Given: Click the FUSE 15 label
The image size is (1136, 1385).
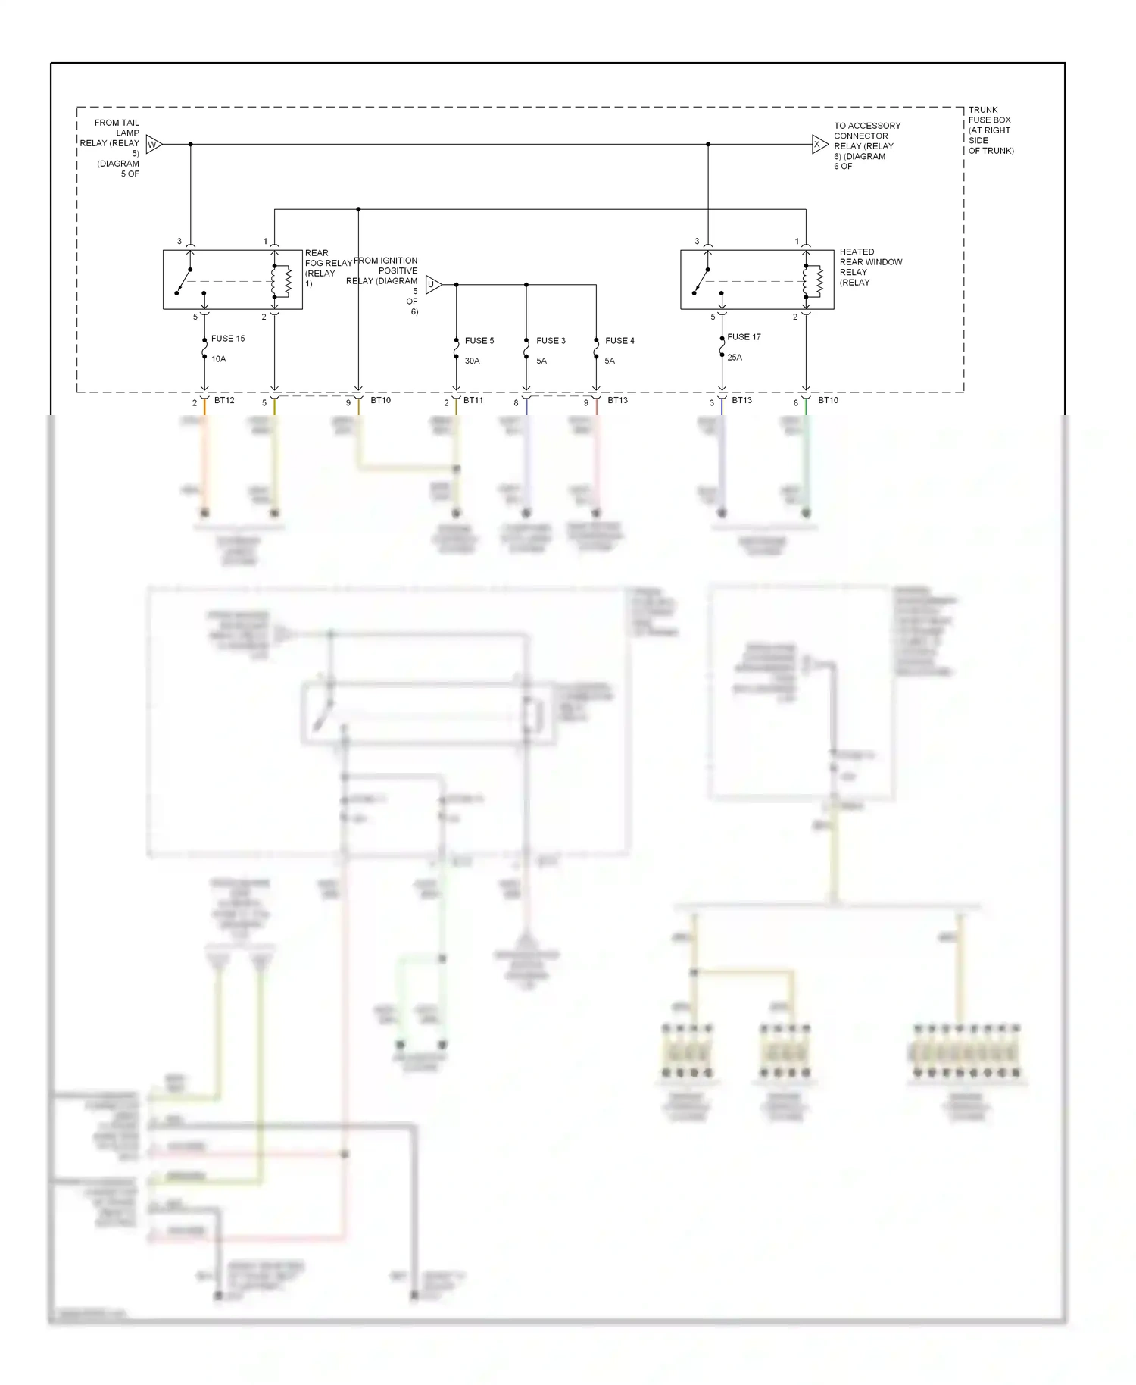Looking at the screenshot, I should [x=228, y=339].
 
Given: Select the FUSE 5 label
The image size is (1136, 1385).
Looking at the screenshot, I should [x=479, y=341].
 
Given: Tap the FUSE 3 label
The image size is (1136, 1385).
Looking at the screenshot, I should [x=551, y=341].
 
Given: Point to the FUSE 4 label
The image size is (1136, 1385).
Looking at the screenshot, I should [x=619, y=341].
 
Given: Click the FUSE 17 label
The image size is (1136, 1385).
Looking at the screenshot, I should [x=744, y=337].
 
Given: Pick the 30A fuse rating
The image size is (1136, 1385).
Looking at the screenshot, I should [x=472, y=361].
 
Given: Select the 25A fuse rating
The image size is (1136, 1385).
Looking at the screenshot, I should [x=734, y=357].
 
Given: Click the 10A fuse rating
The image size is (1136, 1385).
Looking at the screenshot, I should [x=218, y=359].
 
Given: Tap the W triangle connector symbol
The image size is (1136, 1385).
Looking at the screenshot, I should [x=154, y=144].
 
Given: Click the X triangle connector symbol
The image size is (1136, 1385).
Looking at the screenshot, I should [x=819, y=144].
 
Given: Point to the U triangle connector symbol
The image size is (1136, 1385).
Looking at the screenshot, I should [x=432, y=285].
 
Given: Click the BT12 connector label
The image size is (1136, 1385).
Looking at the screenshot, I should [x=224, y=400].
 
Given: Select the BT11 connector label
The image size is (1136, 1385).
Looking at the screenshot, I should [x=473, y=400].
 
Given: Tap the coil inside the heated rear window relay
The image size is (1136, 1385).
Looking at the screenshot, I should [x=817, y=281].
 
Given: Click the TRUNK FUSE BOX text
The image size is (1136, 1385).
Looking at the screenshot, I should [x=989, y=130].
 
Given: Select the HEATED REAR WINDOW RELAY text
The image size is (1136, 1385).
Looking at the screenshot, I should [x=869, y=267].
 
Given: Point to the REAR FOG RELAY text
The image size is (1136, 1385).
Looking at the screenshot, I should [x=327, y=268].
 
